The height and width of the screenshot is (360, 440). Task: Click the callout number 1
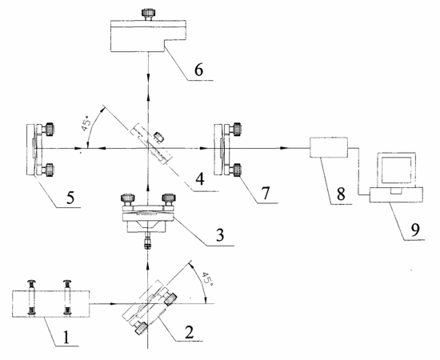point(66,338)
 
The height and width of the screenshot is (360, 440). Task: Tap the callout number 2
point(189,332)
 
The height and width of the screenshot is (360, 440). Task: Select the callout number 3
point(220,235)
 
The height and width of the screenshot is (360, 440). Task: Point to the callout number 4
point(200,179)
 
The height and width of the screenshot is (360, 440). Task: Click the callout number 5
point(70,198)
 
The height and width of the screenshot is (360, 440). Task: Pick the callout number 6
point(198,70)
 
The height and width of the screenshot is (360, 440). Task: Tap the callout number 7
point(266,193)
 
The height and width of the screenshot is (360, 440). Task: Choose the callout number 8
point(341,194)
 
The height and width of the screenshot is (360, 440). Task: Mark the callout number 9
point(414,230)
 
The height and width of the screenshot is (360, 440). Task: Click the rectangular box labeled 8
point(329,147)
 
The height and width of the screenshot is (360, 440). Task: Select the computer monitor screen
point(396,170)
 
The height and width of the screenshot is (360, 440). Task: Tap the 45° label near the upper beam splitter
point(86,125)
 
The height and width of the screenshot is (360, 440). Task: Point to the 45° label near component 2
point(208,278)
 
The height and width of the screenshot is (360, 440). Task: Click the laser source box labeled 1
point(50,304)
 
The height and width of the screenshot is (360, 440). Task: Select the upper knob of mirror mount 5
point(49,129)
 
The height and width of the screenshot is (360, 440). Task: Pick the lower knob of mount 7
point(236,170)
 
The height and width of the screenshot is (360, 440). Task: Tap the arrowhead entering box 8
point(284,147)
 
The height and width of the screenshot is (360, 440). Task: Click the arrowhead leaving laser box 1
point(112,304)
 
